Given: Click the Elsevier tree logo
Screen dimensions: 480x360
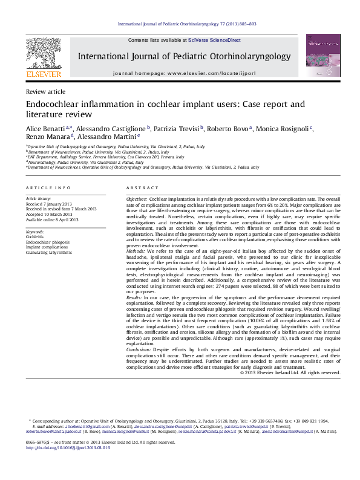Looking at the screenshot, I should (44, 54).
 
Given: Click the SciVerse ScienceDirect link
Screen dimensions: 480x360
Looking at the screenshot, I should (214, 40).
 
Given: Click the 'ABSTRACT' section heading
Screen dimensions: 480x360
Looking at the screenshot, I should (137, 189).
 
